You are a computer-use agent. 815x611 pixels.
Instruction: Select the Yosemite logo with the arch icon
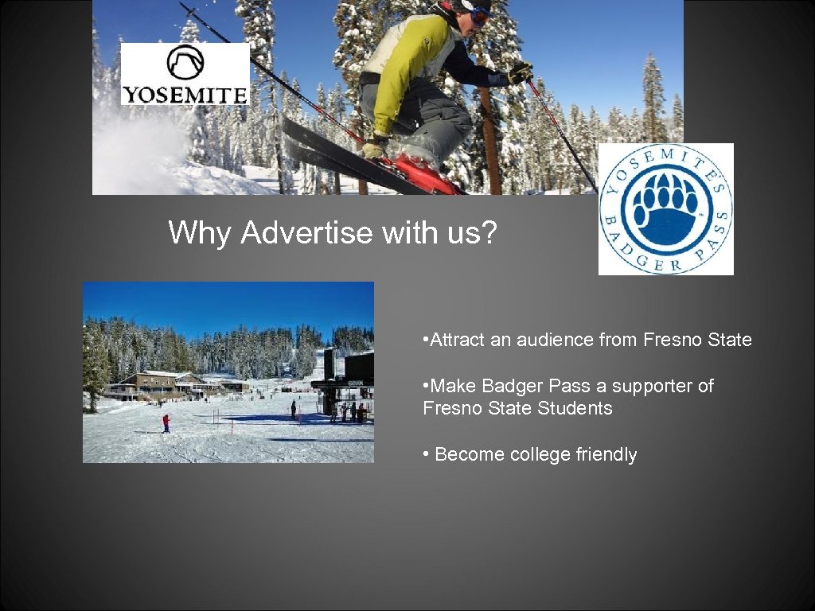[x=185, y=74]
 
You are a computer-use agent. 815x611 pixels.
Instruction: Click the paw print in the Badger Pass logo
[x=666, y=209]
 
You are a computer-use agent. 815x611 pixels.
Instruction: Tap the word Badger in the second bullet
[x=510, y=387]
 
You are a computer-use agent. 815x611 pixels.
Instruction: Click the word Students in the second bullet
[x=575, y=409]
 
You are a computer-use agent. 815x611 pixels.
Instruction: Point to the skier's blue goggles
[x=480, y=14]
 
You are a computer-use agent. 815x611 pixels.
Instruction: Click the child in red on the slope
[x=166, y=422]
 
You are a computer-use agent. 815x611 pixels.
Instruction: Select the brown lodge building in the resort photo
[x=158, y=384]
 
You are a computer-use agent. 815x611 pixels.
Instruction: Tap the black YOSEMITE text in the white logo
[x=185, y=95]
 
